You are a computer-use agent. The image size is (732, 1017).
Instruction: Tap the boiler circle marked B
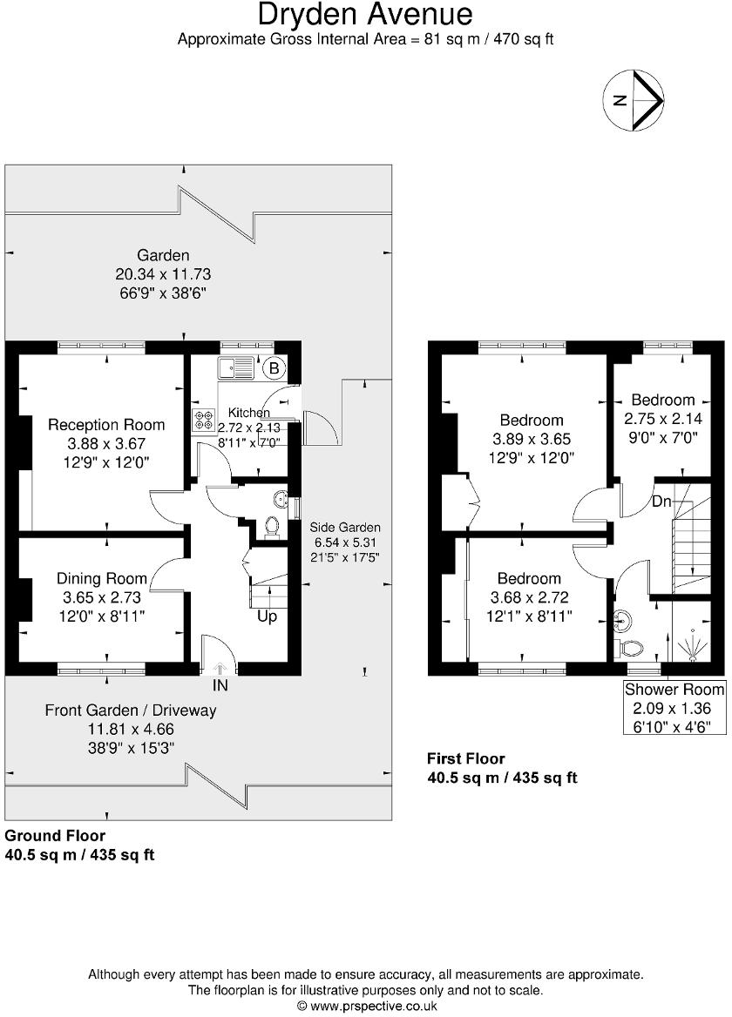tap(274, 368)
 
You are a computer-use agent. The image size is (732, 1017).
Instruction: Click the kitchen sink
tap(236, 367)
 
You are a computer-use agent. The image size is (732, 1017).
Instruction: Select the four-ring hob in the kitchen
tap(204, 421)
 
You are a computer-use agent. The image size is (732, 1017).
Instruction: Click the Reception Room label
tap(106, 425)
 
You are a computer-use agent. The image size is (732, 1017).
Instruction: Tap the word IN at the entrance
tap(220, 686)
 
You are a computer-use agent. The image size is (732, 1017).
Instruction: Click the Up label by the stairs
tap(268, 616)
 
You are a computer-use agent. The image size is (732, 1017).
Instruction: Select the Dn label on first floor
tap(661, 502)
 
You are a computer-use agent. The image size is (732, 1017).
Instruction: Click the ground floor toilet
tap(272, 525)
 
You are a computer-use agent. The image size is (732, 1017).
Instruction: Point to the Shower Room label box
tap(674, 706)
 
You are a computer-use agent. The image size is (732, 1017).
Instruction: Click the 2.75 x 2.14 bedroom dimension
tap(663, 418)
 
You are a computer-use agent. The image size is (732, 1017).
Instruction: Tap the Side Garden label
tap(346, 528)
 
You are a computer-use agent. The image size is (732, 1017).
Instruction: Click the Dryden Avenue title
tap(366, 15)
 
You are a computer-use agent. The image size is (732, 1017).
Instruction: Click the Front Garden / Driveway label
tap(131, 711)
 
